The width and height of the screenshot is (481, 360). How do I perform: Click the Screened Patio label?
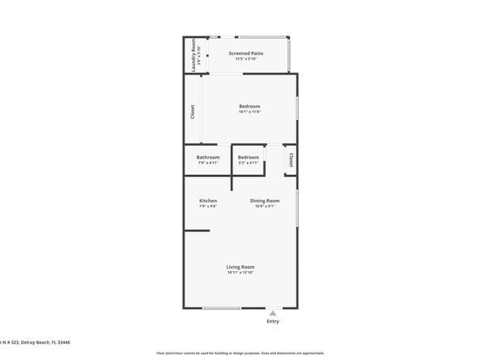pos(245,53)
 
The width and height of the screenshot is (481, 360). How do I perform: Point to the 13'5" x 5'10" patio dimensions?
pos(245,59)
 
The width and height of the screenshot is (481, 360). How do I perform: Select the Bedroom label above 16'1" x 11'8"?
pos(249,106)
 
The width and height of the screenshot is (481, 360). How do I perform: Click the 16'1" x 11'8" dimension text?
pos(249,112)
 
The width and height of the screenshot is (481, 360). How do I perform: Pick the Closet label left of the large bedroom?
pos(193,112)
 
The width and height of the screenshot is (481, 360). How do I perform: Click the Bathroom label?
pos(208,157)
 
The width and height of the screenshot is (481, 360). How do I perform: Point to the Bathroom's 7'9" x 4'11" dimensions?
pos(208,163)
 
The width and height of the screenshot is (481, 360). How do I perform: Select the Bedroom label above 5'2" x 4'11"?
pos(249,157)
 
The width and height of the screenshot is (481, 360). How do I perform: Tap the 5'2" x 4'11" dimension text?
pos(249,163)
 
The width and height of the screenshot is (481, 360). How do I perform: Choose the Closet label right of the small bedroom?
pos(291,159)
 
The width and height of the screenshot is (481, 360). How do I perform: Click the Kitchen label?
pos(208,201)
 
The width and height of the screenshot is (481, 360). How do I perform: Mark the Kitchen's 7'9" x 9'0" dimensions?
pos(208,206)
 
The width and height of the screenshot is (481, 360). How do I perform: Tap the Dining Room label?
pos(265,201)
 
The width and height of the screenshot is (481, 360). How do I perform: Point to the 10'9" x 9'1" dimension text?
pos(265,206)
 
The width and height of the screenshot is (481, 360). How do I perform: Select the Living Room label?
pos(241,267)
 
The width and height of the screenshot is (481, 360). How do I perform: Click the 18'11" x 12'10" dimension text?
pos(241,273)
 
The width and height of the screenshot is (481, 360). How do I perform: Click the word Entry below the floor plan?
pos(273,321)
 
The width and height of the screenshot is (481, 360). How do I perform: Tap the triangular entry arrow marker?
pos(273,312)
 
